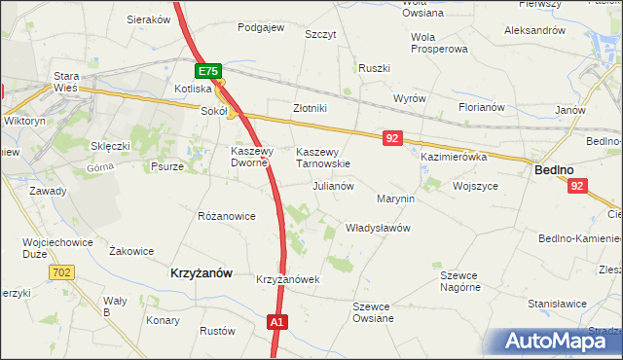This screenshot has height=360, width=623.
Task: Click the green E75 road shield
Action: [207, 71]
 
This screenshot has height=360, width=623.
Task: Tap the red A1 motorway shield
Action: [277, 322]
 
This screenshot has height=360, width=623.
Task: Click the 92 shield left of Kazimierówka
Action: [392, 139]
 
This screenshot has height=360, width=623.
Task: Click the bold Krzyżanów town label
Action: [202, 273]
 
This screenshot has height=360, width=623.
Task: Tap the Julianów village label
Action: [332, 185]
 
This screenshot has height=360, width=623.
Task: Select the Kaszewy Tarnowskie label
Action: [322, 158]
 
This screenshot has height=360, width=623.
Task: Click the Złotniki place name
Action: [310, 108]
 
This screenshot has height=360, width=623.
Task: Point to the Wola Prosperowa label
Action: [439, 43]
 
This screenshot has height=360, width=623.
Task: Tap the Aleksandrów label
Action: [534, 30]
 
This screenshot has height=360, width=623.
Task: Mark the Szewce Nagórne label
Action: [460, 281]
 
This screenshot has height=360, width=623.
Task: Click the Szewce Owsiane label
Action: [373, 312]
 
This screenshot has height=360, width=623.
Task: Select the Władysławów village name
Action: [379, 228]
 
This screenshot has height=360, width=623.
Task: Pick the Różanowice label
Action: [226, 215]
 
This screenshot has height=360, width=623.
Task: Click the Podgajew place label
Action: [261, 27]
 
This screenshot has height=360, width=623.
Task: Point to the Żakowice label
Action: [131, 251]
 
